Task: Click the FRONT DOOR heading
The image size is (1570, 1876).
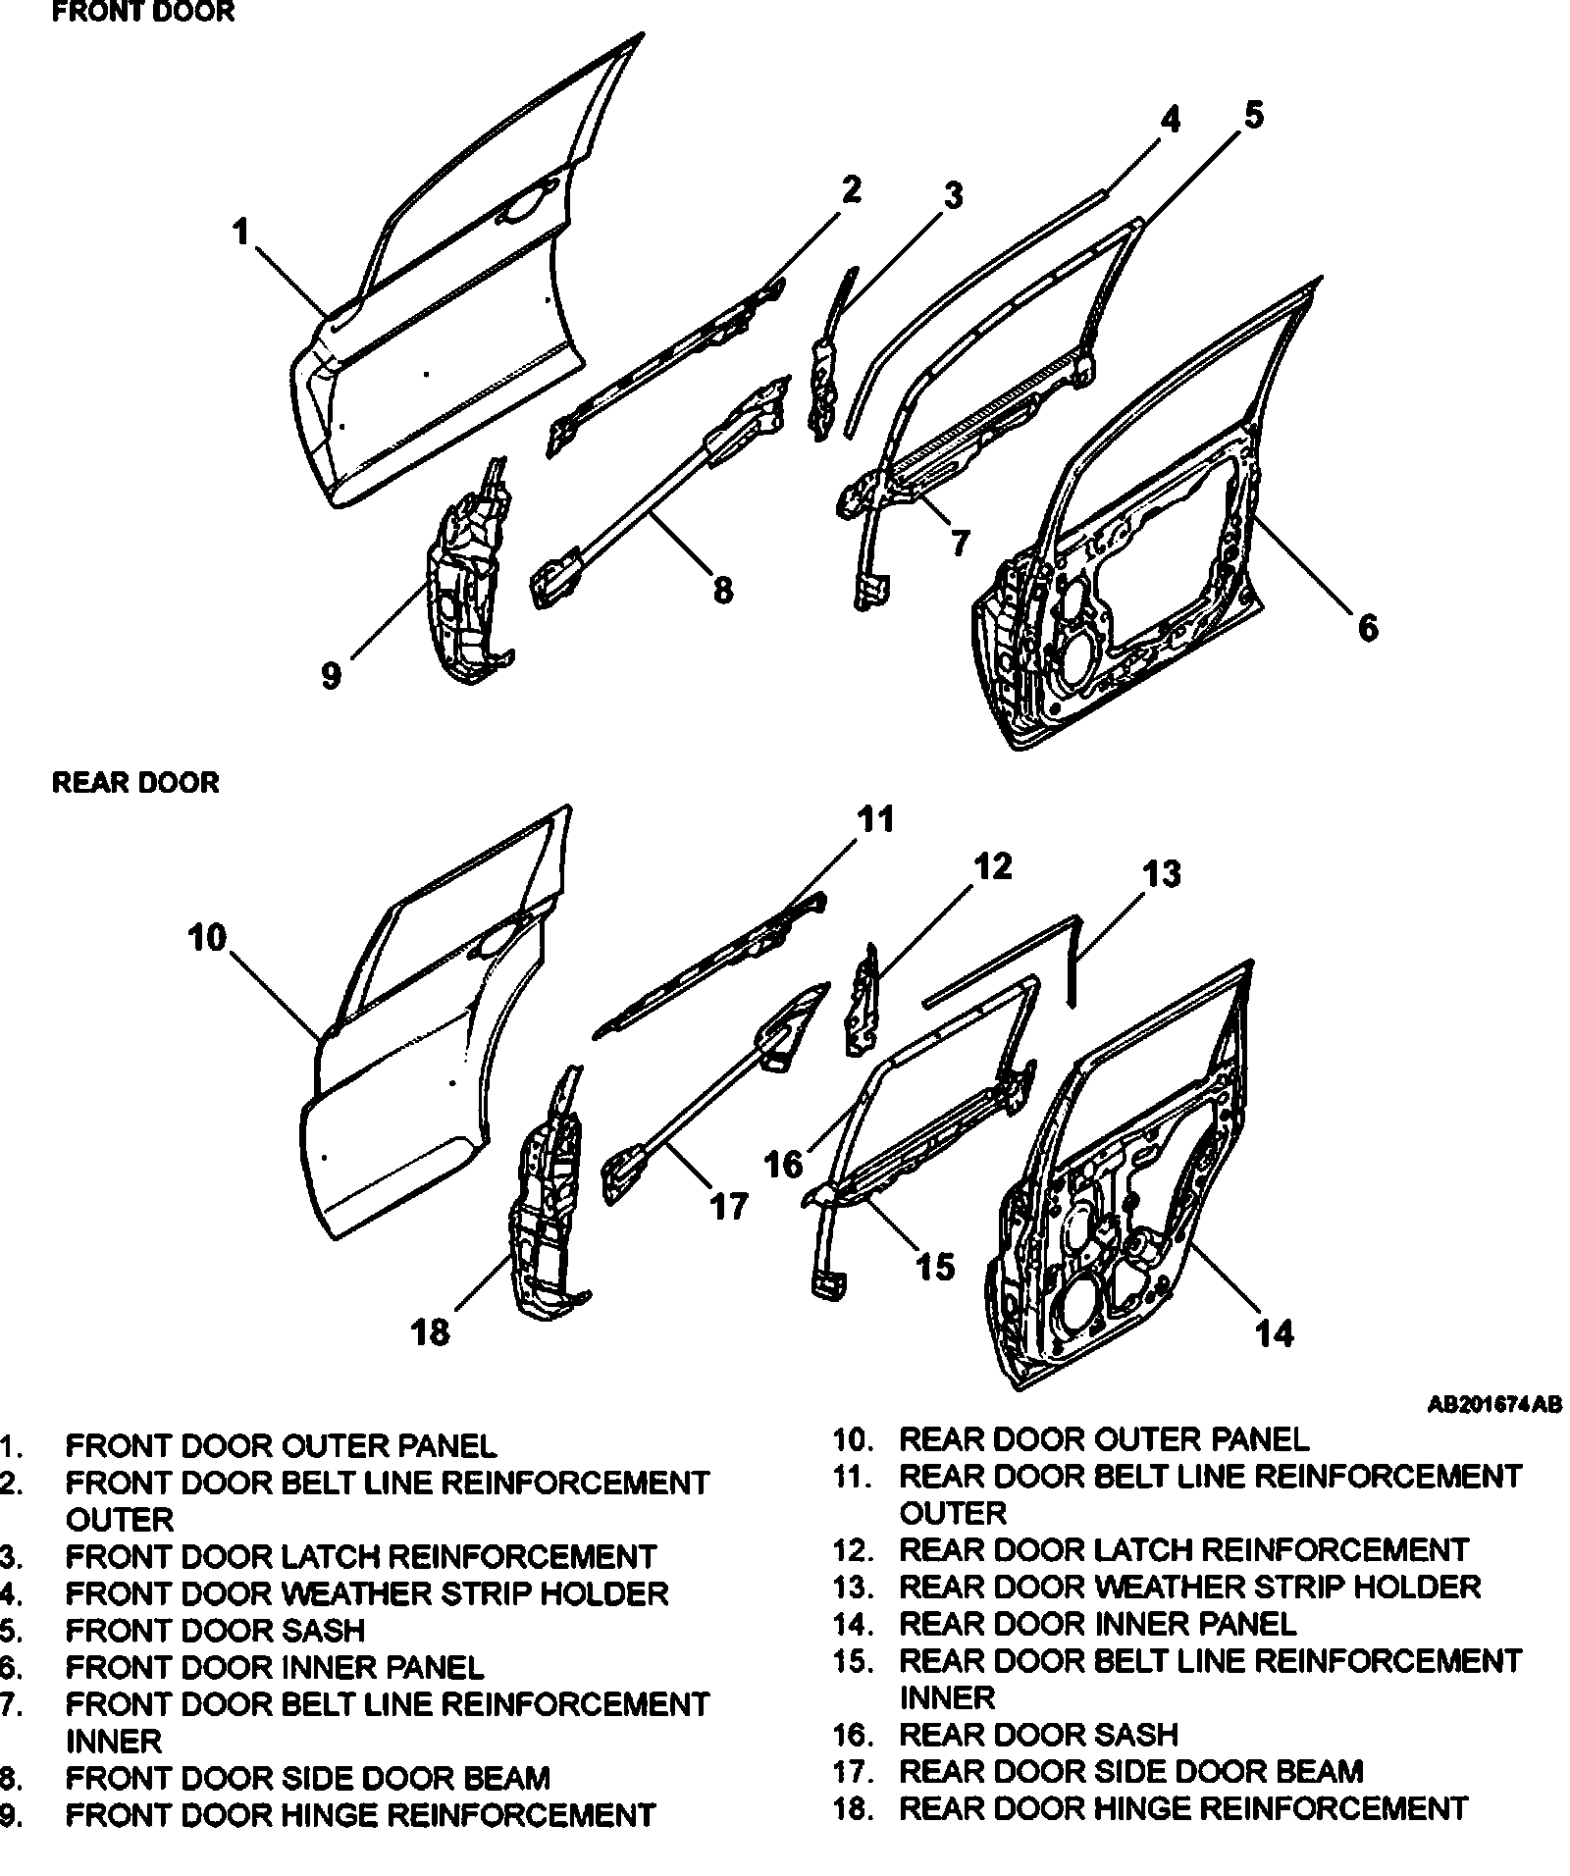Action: tap(142, 13)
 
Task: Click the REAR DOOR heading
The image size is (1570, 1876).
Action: tap(135, 783)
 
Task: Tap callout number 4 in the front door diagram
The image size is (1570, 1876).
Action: tap(1169, 120)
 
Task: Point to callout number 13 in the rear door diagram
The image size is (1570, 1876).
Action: tap(1162, 872)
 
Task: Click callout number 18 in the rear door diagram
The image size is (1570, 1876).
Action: tap(431, 1331)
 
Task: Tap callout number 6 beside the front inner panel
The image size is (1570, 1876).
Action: tap(1367, 627)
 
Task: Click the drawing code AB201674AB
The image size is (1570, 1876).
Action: tap(1493, 1405)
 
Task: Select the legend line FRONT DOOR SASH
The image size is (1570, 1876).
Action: tap(214, 1630)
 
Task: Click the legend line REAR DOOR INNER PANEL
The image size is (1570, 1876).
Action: tap(1097, 1624)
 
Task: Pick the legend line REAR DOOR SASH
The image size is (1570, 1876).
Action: tap(1038, 1734)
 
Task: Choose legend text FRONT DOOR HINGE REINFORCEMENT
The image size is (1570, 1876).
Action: tap(359, 1815)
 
